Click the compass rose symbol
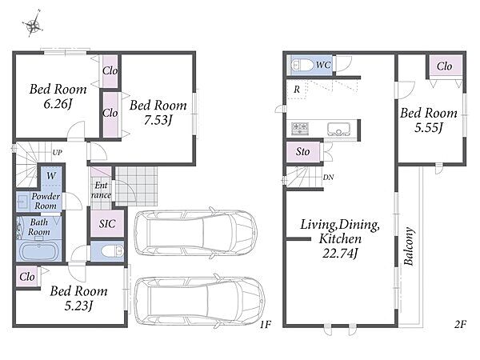pos(33,24)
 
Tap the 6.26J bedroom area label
pos(58,104)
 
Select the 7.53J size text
pos(158,120)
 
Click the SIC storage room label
pos(107,224)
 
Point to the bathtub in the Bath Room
pos(39,250)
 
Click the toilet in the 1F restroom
pos(112,251)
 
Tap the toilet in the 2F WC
pos(302,66)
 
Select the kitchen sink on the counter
pos(338,129)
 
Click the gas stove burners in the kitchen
pos(300,128)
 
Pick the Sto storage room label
pos(302,151)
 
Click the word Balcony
pos(409,246)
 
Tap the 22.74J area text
pos(340,254)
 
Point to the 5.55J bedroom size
pos(429,127)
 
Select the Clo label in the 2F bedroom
pos(445,66)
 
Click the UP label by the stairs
pos(58,153)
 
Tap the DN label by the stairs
pos(328,177)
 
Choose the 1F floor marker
pos(266,324)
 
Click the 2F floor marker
pos(460,324)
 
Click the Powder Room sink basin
pos(22,202)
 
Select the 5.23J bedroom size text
pos(78,306)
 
